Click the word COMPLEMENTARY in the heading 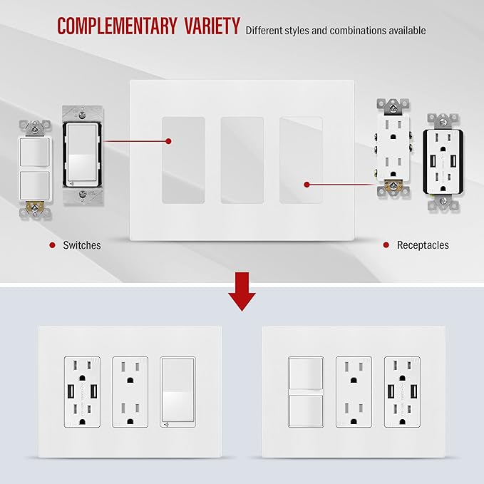click(117, 26)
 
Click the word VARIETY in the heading click(212, 26)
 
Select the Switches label click(82, 245)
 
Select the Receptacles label click(423, 245)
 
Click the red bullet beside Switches click(53, 245)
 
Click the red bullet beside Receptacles click(386, 245)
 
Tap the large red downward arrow click(242, 292)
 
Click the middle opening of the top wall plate click(242, 160)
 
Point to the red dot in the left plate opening click(168, 141)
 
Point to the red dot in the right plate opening click(307, 185)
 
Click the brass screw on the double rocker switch click(35, 207)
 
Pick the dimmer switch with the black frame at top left click(83, 155)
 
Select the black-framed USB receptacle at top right click(443, 163)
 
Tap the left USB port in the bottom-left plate click(71, 391)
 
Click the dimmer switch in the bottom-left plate click(177, 392)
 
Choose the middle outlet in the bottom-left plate click(130, 392)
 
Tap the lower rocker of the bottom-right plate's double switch click(306, 411)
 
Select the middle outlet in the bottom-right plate click(354, 392)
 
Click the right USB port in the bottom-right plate click(414, 391)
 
